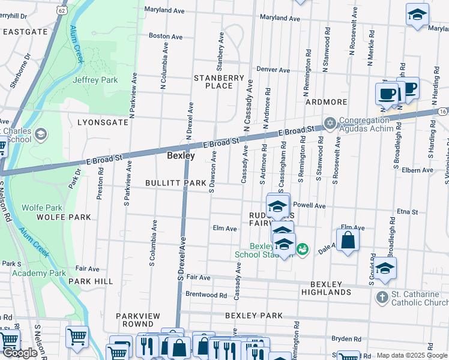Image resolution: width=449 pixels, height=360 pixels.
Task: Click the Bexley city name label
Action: (x=181, y=155)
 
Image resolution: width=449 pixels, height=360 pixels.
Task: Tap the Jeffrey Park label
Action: (x=95, y=80)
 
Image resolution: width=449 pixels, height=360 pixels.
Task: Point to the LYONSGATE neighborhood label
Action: (x=103, y=122)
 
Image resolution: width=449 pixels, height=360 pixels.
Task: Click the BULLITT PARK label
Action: (x=171, y=183)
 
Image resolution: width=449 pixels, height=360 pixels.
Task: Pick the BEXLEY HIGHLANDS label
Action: (x=331, y=288)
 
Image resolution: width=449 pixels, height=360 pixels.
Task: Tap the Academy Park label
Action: (x=43, y=273)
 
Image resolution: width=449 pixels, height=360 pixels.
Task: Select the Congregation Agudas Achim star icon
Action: (x=330, y=124)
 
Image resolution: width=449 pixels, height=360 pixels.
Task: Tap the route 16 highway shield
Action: (x=442, y=111)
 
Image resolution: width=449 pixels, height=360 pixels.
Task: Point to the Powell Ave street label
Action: (x=309, y=206)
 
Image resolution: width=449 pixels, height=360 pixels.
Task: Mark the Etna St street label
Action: (x=407, y=212)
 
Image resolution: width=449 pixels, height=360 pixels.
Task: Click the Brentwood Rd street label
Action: (x=206, y=295)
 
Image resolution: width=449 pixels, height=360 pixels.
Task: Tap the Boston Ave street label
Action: (x=166, y=36)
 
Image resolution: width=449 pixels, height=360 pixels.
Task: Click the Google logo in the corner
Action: (x=20, y=353)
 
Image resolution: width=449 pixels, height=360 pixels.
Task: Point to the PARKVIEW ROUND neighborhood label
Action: (x=138, y=320)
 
